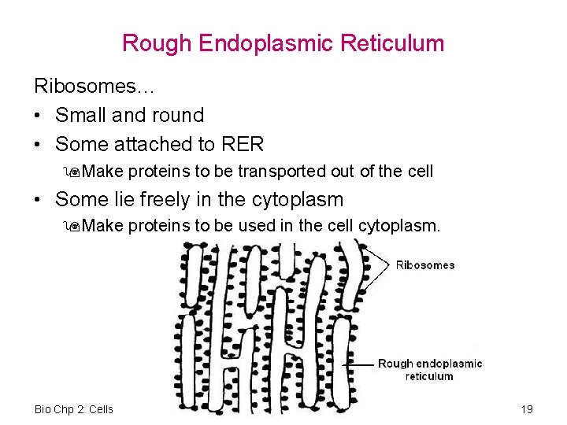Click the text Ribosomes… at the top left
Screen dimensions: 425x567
82,85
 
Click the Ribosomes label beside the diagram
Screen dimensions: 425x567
425,265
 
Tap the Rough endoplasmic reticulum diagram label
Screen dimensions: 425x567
429,370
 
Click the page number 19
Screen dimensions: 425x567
527,409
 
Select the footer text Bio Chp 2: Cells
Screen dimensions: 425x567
74,409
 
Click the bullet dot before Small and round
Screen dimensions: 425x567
39,116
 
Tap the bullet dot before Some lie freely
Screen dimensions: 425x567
39,201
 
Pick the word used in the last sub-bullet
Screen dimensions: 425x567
258,227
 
